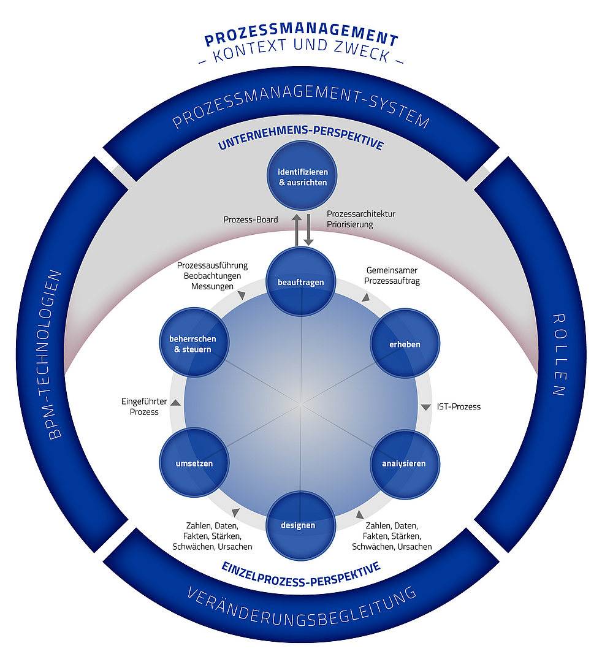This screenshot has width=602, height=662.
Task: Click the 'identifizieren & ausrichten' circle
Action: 302,176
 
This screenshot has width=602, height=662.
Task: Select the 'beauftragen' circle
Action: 301,282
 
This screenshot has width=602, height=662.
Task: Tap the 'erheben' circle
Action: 405,344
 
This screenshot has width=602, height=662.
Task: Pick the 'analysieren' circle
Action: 405,463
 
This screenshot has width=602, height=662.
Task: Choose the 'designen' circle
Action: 299,525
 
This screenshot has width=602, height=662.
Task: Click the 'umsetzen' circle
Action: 194,463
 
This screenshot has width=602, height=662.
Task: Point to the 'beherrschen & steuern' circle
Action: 192,344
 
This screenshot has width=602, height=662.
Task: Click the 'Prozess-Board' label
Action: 251,219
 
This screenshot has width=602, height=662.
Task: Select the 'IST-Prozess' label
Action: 459,406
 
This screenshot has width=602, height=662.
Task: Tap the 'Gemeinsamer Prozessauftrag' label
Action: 392,275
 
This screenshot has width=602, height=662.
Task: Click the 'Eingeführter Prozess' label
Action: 140,407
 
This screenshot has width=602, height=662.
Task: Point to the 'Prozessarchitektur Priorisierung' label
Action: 361,219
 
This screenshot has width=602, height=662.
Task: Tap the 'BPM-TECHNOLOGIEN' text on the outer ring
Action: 55,355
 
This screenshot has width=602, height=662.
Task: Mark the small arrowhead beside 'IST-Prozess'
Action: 425,407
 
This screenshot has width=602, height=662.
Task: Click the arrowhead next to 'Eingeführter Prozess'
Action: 175,403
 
